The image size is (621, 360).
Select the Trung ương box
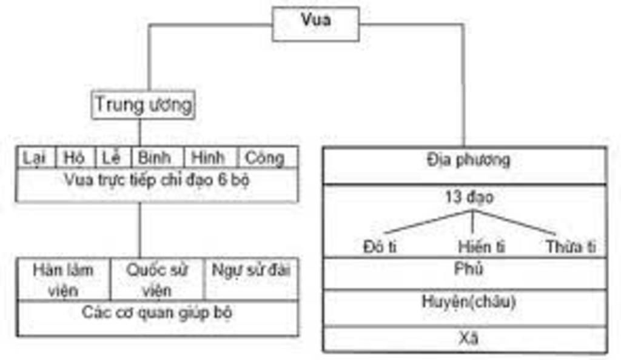144,105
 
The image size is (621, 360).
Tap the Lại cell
36,158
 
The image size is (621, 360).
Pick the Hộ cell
75,158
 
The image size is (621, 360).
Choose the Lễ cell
112,158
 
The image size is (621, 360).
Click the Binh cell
155,158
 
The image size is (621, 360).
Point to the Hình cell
209,158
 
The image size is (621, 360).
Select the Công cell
265,158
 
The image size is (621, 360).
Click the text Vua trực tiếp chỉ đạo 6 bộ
156,180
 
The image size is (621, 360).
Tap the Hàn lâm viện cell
64,279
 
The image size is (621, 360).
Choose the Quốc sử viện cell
156,279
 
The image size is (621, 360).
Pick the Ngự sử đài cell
250,271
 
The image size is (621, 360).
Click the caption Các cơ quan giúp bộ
156,313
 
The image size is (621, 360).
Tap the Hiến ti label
482,247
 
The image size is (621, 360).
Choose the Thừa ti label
571,247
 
